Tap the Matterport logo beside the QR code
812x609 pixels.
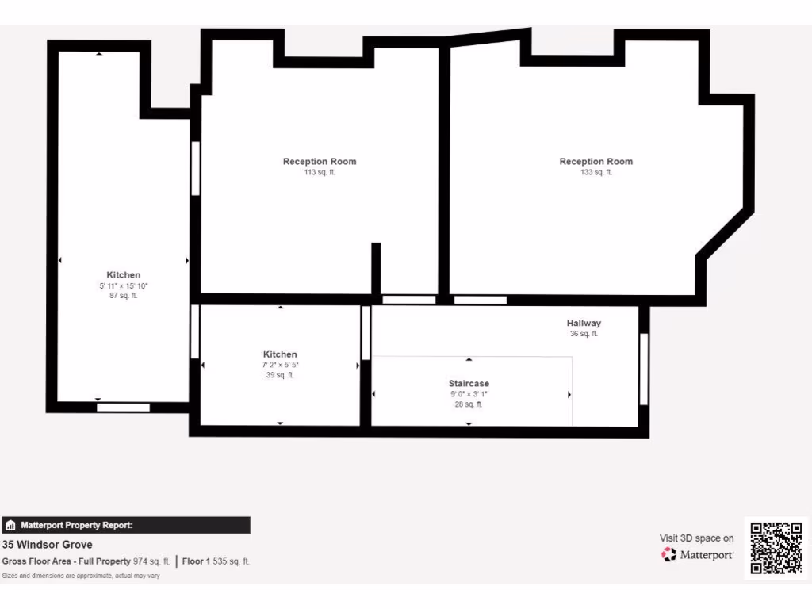(x=698, y=555)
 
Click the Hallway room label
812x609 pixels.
(x=584, y=323)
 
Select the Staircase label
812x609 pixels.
(x=469, y=384)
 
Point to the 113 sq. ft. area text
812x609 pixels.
(x=320, y=172)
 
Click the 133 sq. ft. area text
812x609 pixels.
(x=596, y=172)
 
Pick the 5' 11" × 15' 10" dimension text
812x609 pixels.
(x=124, y=285)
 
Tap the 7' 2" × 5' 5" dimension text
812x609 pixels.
(x=280, y=365)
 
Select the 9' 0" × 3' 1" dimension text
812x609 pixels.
(x=469, y=394)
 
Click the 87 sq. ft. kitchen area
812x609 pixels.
(x=124, y=296)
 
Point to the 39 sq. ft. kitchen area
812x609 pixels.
(x=280, y=375)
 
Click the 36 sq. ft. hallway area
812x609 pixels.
(x=584, y=334)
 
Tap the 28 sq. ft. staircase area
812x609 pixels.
(x=469, y=404)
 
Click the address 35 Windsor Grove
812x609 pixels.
(x=48, y=545)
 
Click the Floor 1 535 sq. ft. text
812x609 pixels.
(x=216, y=561)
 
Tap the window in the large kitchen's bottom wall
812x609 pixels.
(x=123, y=408)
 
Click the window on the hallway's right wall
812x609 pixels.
(x=644, y=369)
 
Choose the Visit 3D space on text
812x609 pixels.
(x=697, y=538)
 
